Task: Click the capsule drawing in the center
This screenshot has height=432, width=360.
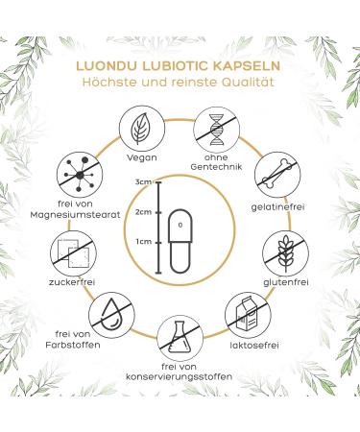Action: (180, 231)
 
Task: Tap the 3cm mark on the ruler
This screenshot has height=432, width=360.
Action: (144, 182)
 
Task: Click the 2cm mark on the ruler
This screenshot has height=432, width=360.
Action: (144, 212)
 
